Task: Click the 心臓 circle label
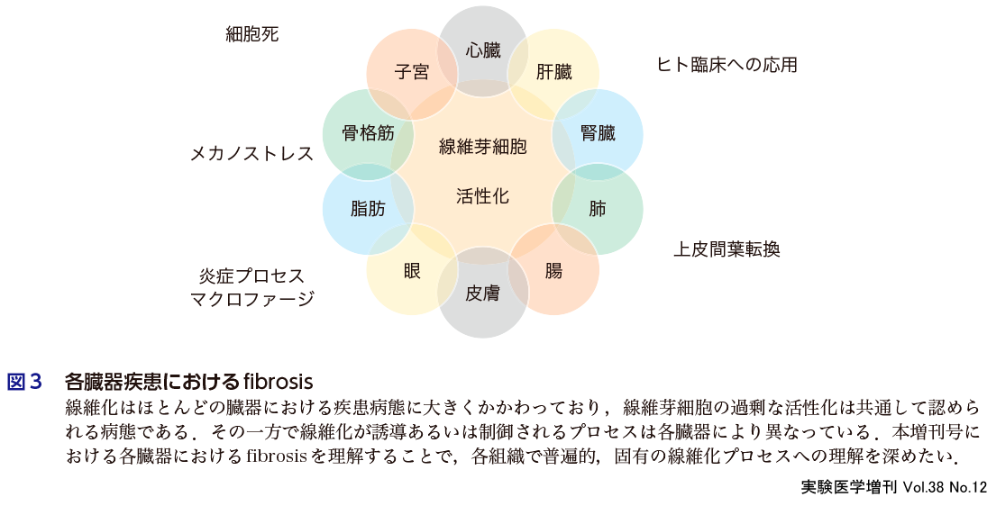483,50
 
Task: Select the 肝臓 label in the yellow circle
553,73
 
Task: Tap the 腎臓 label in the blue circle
598,134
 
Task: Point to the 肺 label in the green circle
598,210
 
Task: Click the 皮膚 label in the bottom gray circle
483,293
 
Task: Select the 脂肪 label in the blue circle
368,210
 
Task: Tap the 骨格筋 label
368,134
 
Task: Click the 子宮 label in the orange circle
412,73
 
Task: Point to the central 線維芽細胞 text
483,147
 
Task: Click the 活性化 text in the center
483,195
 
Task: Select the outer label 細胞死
252,35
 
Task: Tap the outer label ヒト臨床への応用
727,65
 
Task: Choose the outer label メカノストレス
251,154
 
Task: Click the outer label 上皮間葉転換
727,249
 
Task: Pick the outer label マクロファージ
251,299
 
